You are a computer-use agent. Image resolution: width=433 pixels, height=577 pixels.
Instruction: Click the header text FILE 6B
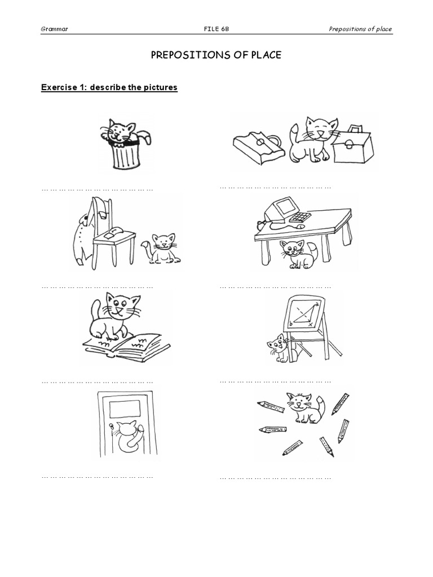coord(216,29)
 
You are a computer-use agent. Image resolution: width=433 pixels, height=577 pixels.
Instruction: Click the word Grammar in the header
coord(55,29)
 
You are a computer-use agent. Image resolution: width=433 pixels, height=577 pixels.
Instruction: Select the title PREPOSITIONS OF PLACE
coord(216,55)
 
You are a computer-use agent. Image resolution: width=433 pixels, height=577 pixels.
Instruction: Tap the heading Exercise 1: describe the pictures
coord(109,87)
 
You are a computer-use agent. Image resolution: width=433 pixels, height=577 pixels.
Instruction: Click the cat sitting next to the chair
coord(163,248)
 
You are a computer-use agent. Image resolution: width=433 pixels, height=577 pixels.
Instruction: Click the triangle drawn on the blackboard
coord(305,316)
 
